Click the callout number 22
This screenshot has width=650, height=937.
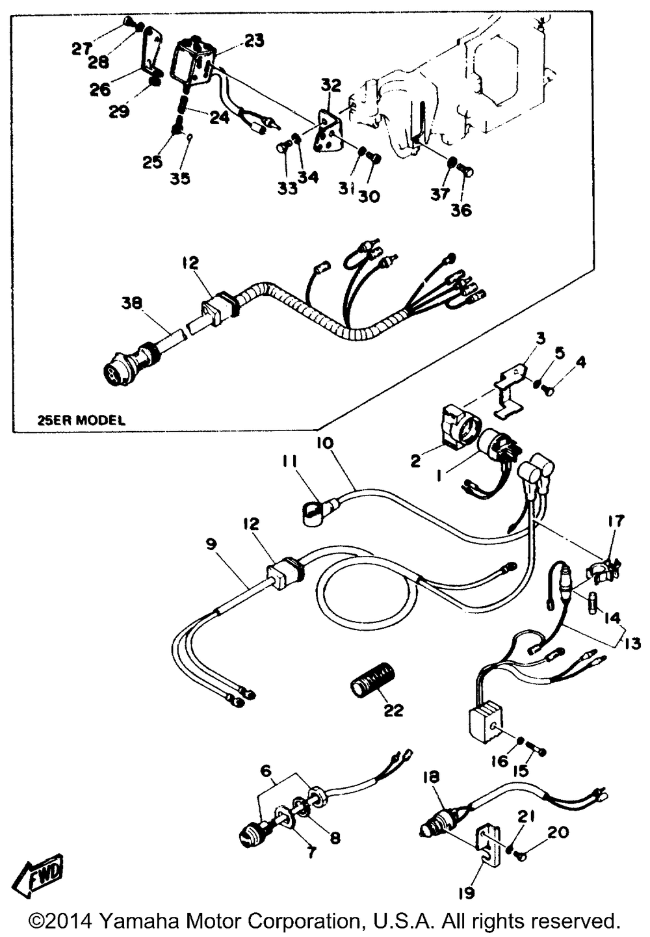pyautogui.click(x=393, y=710)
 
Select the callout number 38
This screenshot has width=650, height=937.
pyautogui.click(x=132, y=303)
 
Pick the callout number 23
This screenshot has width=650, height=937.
pyautogui.click(x=254, y=40)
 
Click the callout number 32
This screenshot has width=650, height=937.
pyautogui.click(x=330, y=85)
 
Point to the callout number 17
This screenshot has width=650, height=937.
pyautogui.click(x=616, y=521)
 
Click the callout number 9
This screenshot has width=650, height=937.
pyautogui.click(x=211, y=544)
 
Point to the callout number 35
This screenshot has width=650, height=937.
pyautogui.click(x=180, y=178)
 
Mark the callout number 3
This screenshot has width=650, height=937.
pyautogui.click(x=540, y=338)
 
